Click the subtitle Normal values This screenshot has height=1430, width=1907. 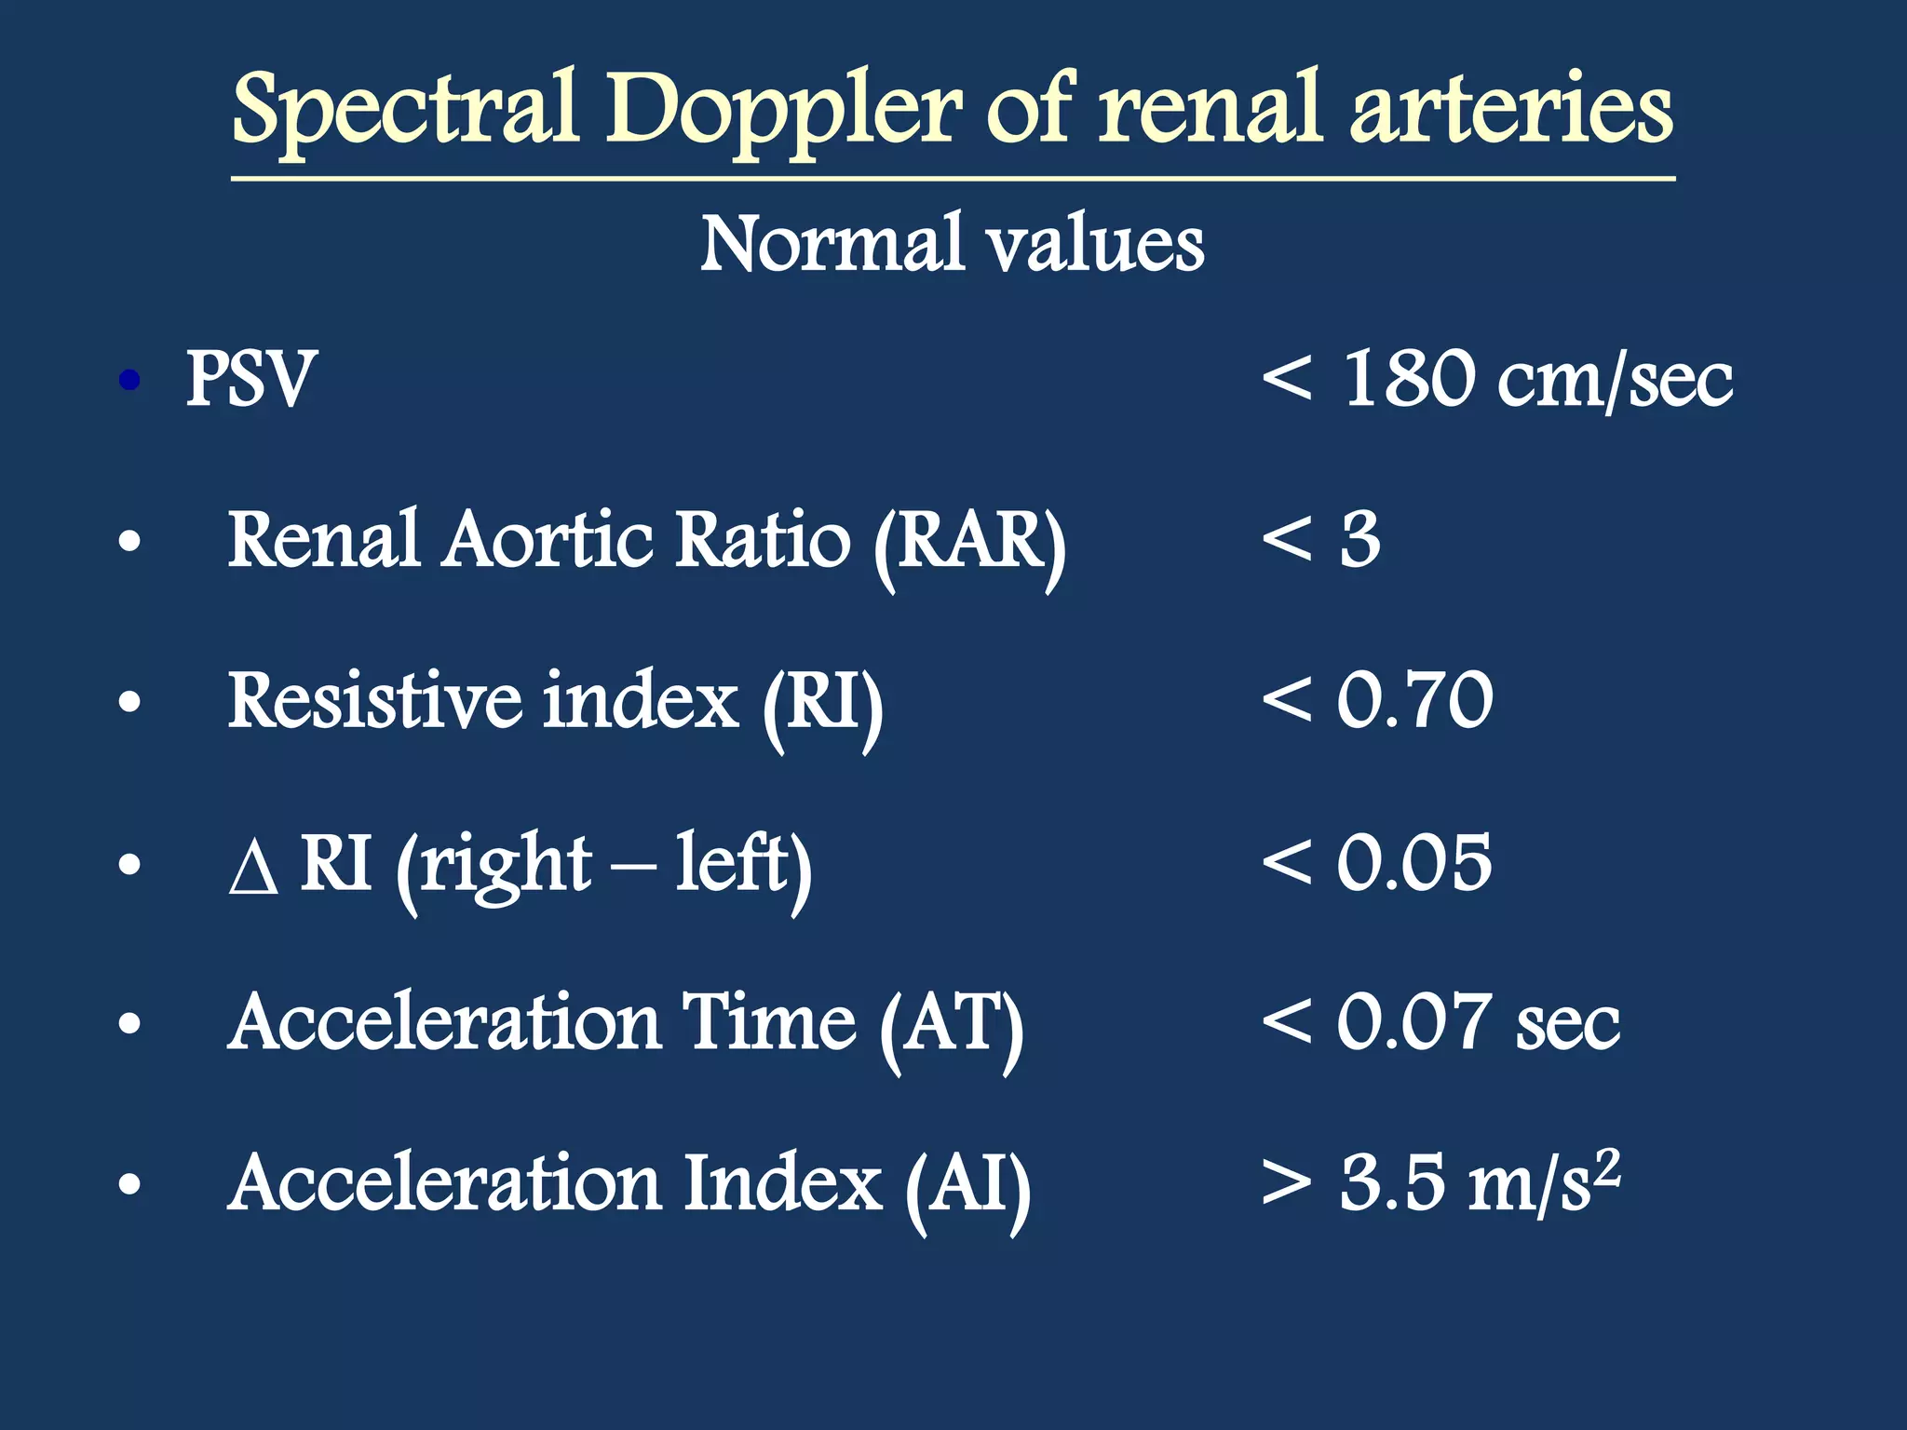(952, 244)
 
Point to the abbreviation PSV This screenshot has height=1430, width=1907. (251, 379)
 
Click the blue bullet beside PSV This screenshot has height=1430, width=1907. (130, 380)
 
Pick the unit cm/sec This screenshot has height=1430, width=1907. (1615, 380)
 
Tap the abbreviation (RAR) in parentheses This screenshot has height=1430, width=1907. (969, 542)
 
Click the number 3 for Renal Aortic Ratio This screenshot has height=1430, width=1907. (1360, 539)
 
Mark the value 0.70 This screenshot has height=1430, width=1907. (1414, 700)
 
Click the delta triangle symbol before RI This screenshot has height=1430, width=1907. (253, 870)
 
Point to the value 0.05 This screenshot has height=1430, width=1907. (1414, 862)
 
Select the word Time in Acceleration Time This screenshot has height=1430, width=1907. (768, 1022)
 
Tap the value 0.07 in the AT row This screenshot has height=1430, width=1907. (1414, 1022)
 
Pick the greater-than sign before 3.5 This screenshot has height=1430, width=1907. (1287, 1183)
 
